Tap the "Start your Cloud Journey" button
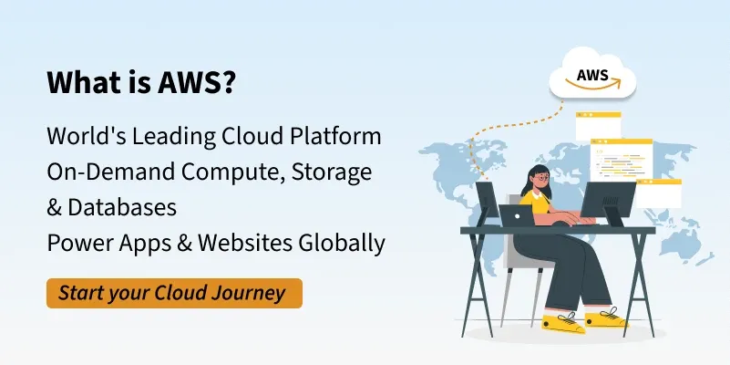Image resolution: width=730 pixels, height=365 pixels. tap(174, 293)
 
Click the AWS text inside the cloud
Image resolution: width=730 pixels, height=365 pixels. tap(592, 75)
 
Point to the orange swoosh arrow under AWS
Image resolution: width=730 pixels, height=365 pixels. tap(593, 85)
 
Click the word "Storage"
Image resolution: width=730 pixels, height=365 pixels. tap(332, 173)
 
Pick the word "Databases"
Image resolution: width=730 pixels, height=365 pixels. tap(122, 207)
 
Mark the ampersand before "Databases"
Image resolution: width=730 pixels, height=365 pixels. tap(54, 208)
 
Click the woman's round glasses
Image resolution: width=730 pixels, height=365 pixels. tap(542, 178)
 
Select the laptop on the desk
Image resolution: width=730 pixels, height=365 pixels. tap(518, 215)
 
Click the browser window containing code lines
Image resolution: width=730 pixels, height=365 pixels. tap(621, 160)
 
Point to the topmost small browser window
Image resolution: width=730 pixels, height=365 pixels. tap(598, 125)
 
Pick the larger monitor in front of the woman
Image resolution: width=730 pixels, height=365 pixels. tap(608, 199)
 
